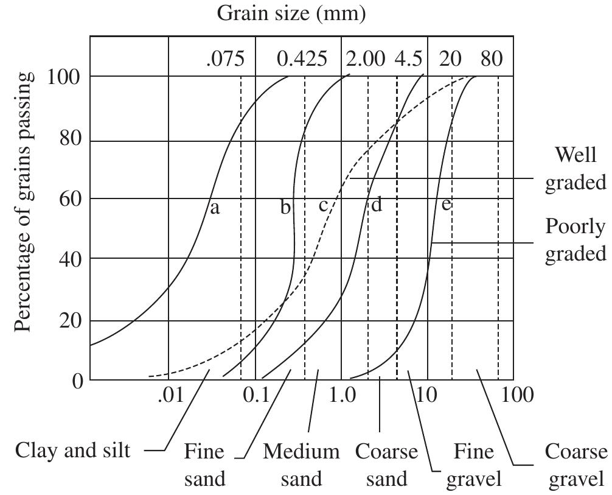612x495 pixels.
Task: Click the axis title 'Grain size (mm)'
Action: point(291,13)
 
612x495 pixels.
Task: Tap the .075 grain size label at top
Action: point(224,59)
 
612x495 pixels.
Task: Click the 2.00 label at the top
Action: point(366,59)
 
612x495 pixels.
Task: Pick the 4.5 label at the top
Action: point(408,59)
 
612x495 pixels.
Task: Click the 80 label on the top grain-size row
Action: point(492,59)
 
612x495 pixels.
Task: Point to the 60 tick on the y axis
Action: point(71,199)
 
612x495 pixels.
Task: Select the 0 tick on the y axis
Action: point(77,381)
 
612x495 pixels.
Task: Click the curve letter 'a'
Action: point(214,208)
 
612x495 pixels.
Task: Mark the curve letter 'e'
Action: point(446,204)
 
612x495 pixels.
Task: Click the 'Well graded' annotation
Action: point(575,168)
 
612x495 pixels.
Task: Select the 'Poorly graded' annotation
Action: point(575,239)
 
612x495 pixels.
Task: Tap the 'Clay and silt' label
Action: point(72,451)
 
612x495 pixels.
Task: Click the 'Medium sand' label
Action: point(301,465)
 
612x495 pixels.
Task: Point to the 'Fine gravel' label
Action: point(474,465)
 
